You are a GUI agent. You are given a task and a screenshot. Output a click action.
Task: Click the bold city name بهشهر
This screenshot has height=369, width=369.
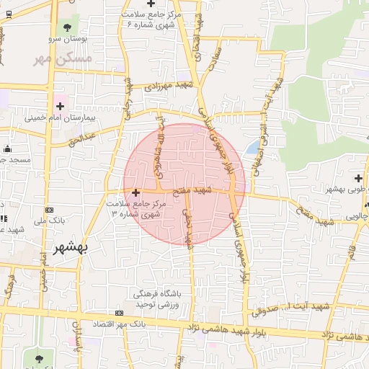[x=71, y=249]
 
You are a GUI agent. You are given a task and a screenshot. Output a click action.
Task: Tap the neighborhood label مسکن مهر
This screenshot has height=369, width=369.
[x=63, y=58]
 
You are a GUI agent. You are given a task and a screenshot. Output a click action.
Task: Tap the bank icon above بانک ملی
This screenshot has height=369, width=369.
[x=48, y=210]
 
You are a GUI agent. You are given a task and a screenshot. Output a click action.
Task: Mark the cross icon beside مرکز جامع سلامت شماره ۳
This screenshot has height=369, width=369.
[x=136, y=192]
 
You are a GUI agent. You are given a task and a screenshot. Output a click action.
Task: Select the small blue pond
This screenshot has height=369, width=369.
[x=252, y=148]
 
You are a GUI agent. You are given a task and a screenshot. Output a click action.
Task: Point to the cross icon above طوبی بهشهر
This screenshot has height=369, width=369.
[x=358, y=178]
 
